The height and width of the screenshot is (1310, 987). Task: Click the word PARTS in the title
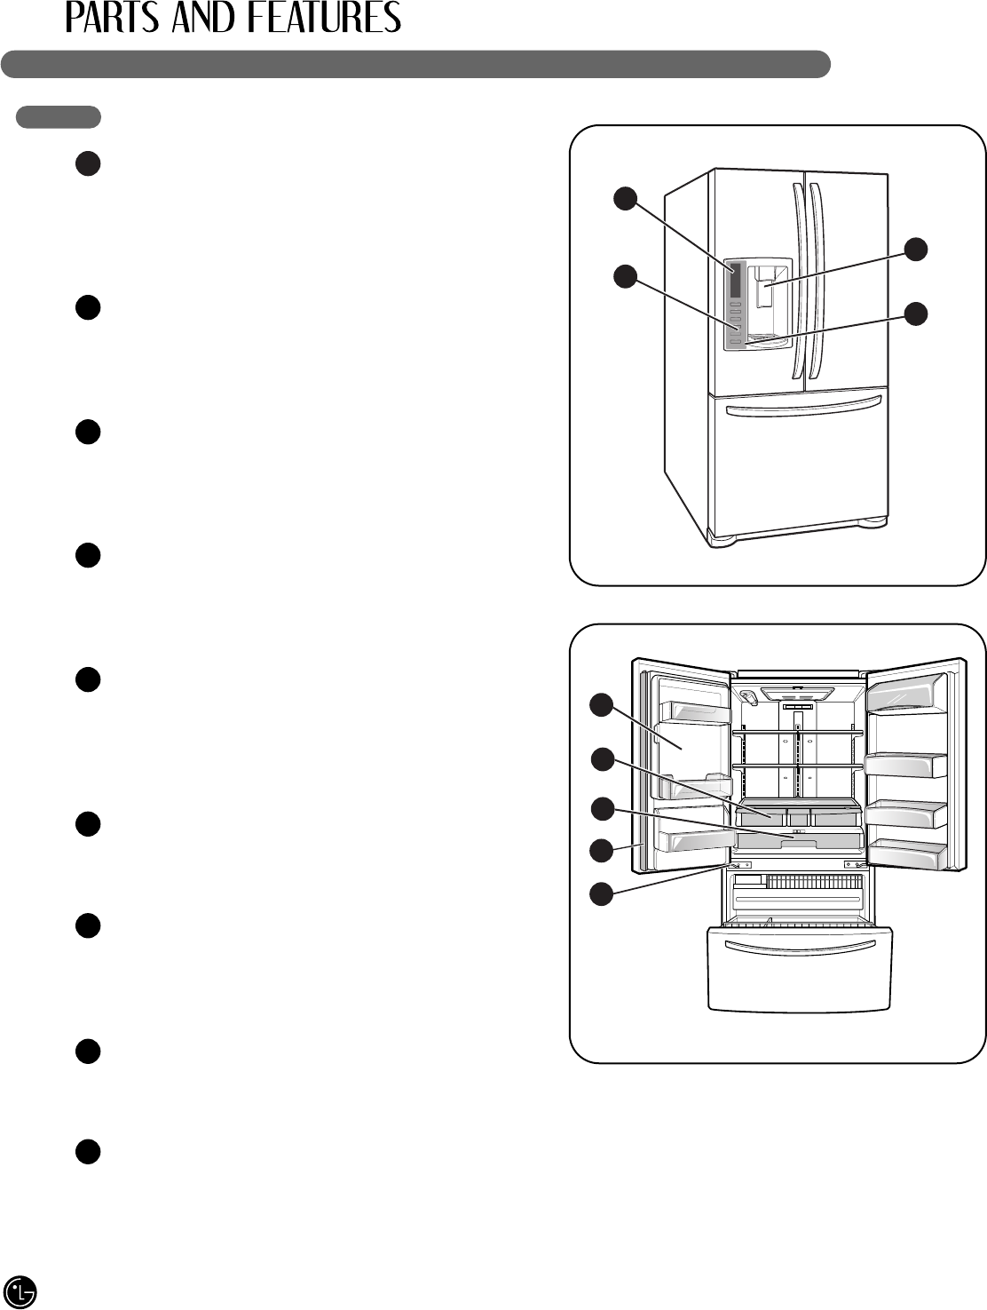pos(113,18)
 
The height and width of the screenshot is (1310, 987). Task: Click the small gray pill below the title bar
pos(58,116)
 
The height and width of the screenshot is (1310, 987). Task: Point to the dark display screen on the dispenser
pos(734,280)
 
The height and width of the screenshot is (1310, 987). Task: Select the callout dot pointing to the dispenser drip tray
pos(916,313)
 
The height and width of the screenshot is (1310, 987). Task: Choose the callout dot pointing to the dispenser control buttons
pos(625,276)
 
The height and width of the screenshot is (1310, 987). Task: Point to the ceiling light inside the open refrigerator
pos(797,692)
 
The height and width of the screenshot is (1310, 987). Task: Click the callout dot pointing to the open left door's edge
pos(602,850)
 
